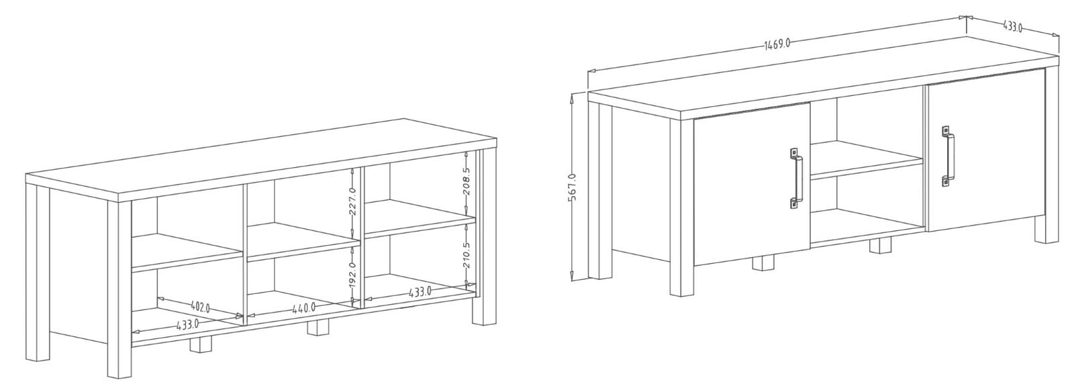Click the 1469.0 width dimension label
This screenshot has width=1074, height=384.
(x=777, y=44)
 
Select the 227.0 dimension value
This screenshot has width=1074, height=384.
(x=352, y=201)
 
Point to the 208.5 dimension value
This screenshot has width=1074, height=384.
(x=467, y=182)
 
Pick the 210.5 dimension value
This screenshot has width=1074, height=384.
(x=467, y=254)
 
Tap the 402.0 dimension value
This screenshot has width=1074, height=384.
(x=200, y=307)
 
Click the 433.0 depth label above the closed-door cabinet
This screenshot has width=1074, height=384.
(x=1012, y=26)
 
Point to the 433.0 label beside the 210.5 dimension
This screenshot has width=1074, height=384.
(x=420, y=291)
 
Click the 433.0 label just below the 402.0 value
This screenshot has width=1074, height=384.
(x=187, y=324)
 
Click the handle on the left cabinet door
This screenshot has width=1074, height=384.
(x=795, y=179)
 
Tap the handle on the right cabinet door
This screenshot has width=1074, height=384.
(x=947, y=156)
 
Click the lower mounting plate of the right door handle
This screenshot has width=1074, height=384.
(x=946, y=181)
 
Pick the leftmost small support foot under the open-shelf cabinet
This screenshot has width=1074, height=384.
(x=201, y=344)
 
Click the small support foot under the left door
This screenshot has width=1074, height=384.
(x=764, y=263)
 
